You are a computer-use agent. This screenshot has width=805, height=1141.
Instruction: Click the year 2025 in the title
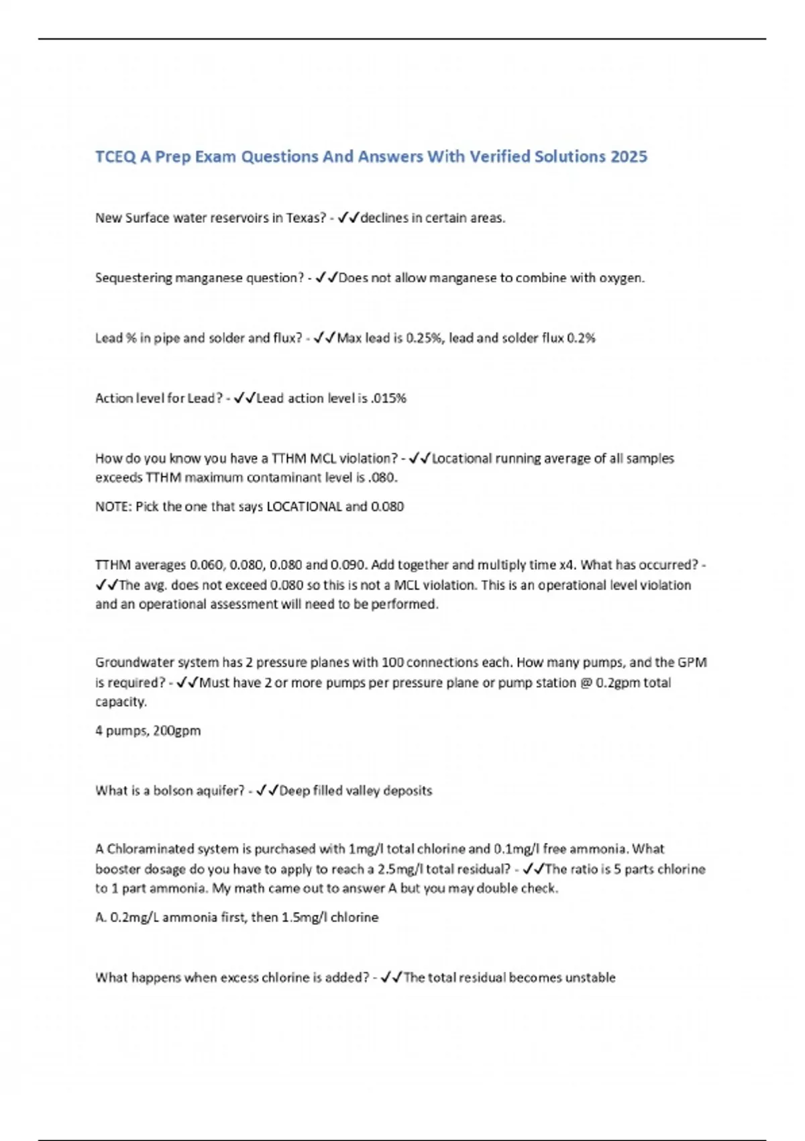629,156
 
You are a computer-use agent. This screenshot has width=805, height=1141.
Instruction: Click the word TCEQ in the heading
115,156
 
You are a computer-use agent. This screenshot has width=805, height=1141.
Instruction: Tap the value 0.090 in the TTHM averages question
348,565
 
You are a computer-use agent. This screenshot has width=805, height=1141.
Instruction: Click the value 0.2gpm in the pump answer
619,683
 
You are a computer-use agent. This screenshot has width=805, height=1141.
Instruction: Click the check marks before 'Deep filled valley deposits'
267,791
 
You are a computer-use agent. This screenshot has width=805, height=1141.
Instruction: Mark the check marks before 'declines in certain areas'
349,218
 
